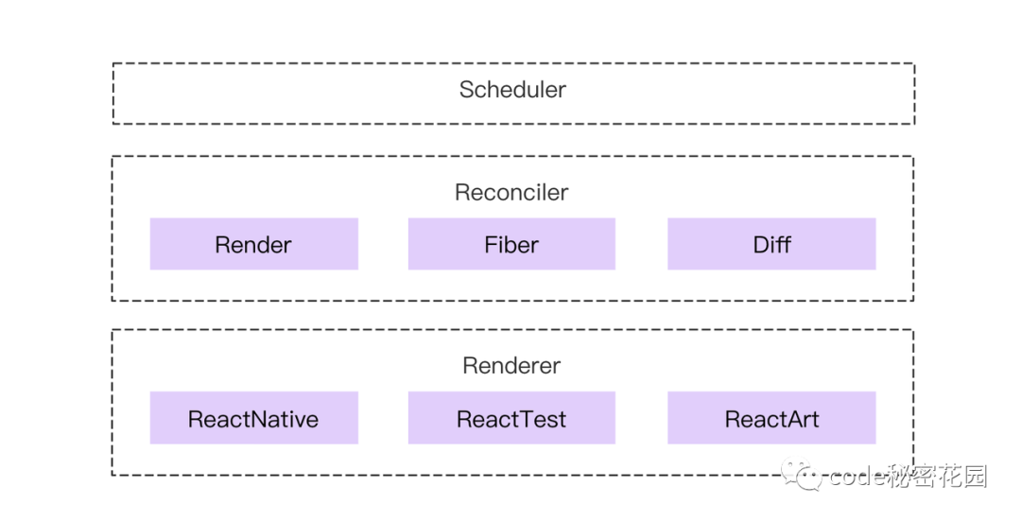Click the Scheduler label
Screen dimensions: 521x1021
(512, 90)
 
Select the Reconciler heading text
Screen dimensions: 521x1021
(511, 193)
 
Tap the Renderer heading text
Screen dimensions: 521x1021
(511, 366)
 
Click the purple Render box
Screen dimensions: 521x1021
(253, 244)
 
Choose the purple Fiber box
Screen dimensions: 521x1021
(511, 244)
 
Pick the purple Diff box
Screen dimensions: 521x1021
(771, 244)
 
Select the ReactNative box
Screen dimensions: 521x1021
(253, 418)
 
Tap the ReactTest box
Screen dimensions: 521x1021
(511, 418)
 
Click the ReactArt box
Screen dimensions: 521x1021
(771, 418)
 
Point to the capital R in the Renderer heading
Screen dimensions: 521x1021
(470, 366)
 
